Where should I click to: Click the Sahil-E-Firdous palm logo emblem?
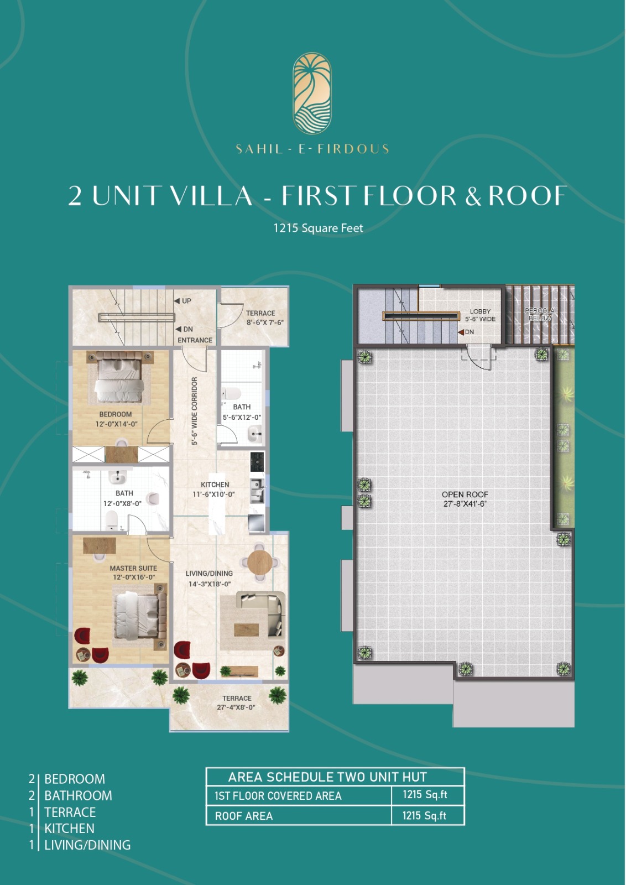312,93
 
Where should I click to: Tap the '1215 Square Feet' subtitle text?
319,228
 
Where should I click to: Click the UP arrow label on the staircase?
183,301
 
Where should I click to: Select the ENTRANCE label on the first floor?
195,340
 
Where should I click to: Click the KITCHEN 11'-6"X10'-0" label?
215,489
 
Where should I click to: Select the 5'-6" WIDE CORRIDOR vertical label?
194,412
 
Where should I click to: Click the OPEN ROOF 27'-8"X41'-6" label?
465,499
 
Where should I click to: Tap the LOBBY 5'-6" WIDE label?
480,315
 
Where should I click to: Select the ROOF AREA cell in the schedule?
244,816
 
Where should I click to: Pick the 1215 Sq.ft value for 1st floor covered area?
425,794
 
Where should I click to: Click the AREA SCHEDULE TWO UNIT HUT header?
327,777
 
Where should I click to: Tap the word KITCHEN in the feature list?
70,828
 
